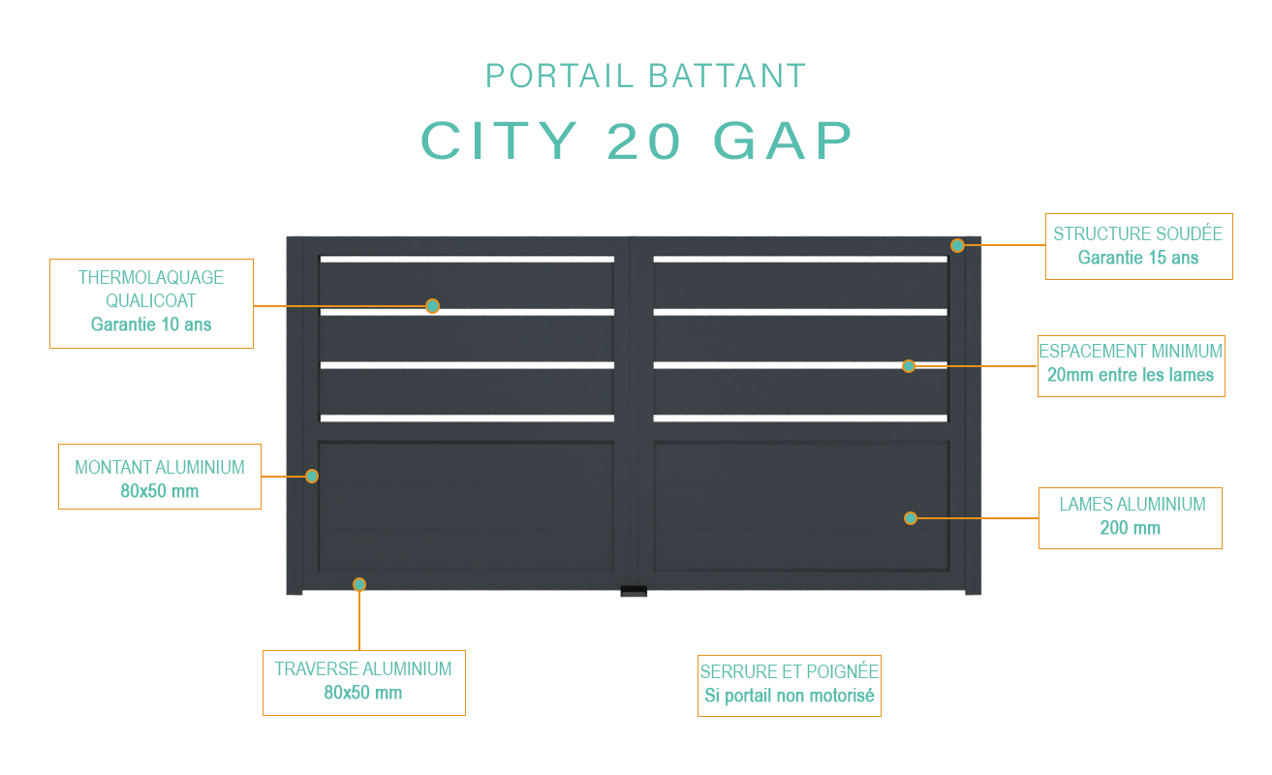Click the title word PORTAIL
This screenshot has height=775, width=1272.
(559, 76)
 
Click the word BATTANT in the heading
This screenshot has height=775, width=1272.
(728, 76)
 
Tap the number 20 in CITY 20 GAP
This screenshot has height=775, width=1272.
(644, 140)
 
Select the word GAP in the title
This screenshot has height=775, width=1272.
(783, 140)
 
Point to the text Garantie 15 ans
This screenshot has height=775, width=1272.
(1138, 258)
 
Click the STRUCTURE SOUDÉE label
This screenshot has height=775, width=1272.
(1138, 233)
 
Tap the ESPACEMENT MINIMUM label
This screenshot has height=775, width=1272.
(1131, 352)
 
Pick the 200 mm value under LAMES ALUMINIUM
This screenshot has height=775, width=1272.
(1130, 528)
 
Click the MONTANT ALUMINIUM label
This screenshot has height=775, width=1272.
(160, 467)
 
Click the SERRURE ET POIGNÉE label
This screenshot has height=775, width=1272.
(790, 671)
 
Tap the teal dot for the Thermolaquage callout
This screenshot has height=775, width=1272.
(433, 306)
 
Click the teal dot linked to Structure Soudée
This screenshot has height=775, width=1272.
(957, 245)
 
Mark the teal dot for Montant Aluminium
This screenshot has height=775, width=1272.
(312, 477)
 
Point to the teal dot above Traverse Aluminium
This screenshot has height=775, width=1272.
(359, 584)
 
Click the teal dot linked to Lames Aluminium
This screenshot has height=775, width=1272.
(911, 518)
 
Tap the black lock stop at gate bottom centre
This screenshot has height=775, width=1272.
(634, 591)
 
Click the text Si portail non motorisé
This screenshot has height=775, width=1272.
(790, 696)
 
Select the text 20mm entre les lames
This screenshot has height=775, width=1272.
(1131, 375)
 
